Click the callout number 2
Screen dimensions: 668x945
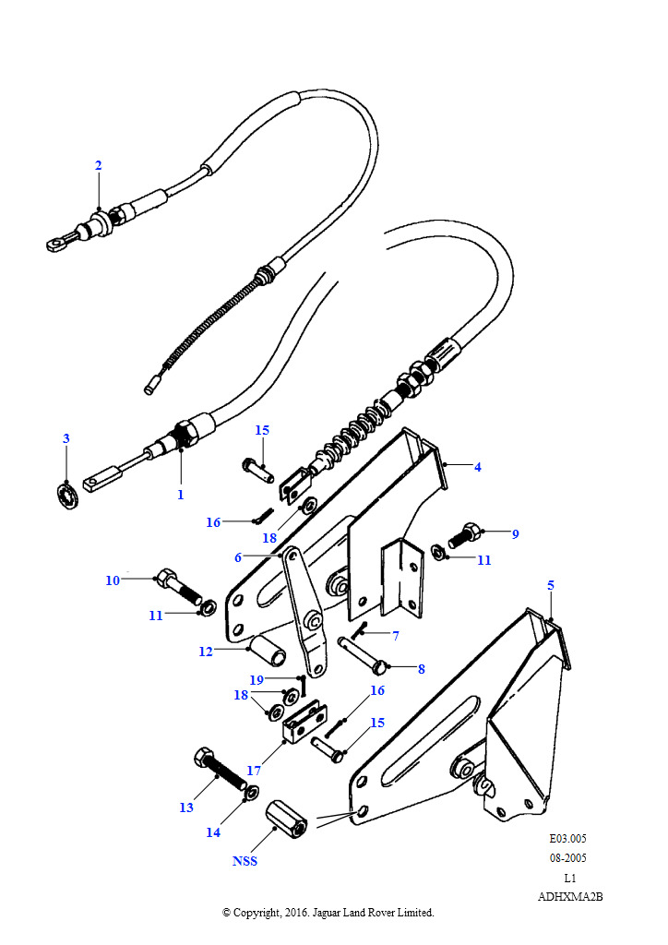98,165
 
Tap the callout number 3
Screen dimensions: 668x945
66,438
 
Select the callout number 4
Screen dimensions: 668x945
478,466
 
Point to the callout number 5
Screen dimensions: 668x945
551,585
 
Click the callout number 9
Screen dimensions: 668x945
515,534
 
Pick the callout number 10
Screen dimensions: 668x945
113,580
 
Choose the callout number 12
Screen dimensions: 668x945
206,652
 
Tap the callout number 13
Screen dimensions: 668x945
186,807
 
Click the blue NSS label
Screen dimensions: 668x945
245,861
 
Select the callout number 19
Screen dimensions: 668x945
256,680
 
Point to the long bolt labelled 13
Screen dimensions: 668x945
220,769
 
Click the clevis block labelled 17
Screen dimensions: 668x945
304,723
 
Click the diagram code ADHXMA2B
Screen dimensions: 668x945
570,897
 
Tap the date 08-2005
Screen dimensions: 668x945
568,857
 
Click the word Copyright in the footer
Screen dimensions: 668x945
256,913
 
